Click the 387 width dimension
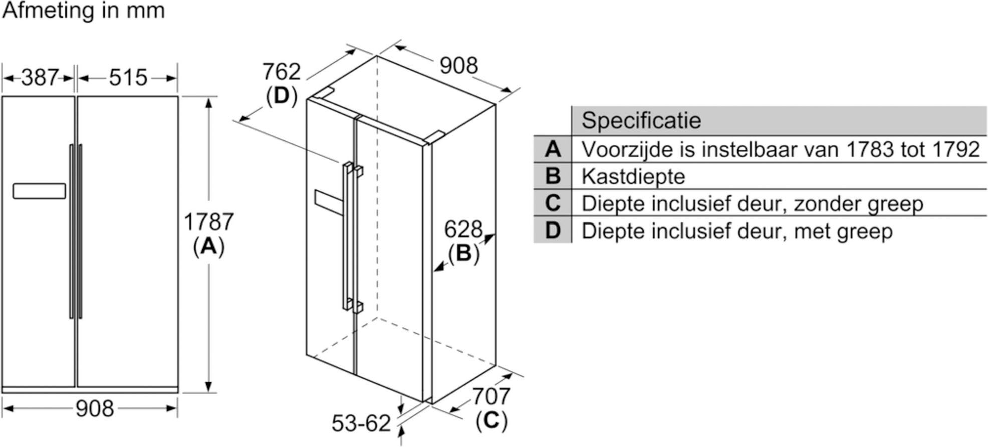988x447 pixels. [40, 78]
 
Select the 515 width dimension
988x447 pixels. [128, 78]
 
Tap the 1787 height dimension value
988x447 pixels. [209, 222]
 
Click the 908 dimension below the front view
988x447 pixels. [95, 409]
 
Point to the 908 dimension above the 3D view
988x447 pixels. [458, 66]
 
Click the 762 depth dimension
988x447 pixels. [281, 72]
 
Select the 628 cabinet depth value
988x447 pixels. [463, 230]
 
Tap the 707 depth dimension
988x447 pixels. [491, 397]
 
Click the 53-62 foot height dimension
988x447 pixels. [361, 424]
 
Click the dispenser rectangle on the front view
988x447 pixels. [39, 191]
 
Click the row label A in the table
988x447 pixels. [552, 149]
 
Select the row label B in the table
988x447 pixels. [552, 176]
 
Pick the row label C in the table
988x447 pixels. [552, 203]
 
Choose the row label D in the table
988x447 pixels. [552, 231]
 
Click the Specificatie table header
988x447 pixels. [641, 120]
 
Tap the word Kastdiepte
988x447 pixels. [633, 177]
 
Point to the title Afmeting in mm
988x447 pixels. [83, 11]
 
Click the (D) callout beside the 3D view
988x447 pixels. [281, 95]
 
